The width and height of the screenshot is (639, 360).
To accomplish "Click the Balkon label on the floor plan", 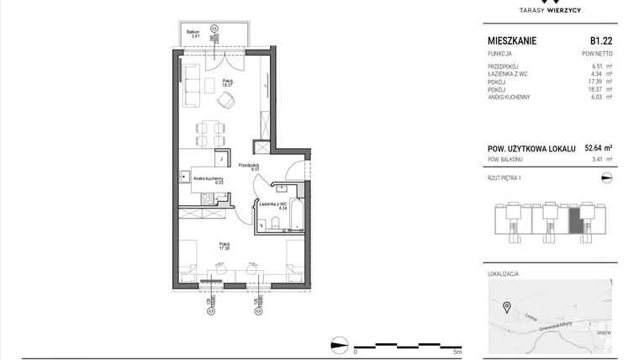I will pos(194,34).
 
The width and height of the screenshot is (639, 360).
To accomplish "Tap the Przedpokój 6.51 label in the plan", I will pos(248,167).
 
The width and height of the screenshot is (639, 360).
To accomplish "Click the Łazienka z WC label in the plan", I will pos(274,204).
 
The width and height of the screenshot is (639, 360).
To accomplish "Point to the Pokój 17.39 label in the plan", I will pos(224,246).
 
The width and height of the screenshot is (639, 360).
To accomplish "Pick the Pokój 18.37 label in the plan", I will pos(226,83).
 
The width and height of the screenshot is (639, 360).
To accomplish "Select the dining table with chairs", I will pos(210,132).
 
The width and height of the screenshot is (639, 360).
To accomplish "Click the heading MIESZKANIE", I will pos(512,40).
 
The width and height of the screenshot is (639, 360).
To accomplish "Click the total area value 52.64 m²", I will pos(598,147).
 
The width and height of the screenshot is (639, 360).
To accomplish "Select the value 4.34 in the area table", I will pos(598,76).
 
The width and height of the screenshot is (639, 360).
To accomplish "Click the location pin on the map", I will pos(506,306).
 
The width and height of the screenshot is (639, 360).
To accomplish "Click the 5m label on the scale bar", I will pos(457,352).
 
